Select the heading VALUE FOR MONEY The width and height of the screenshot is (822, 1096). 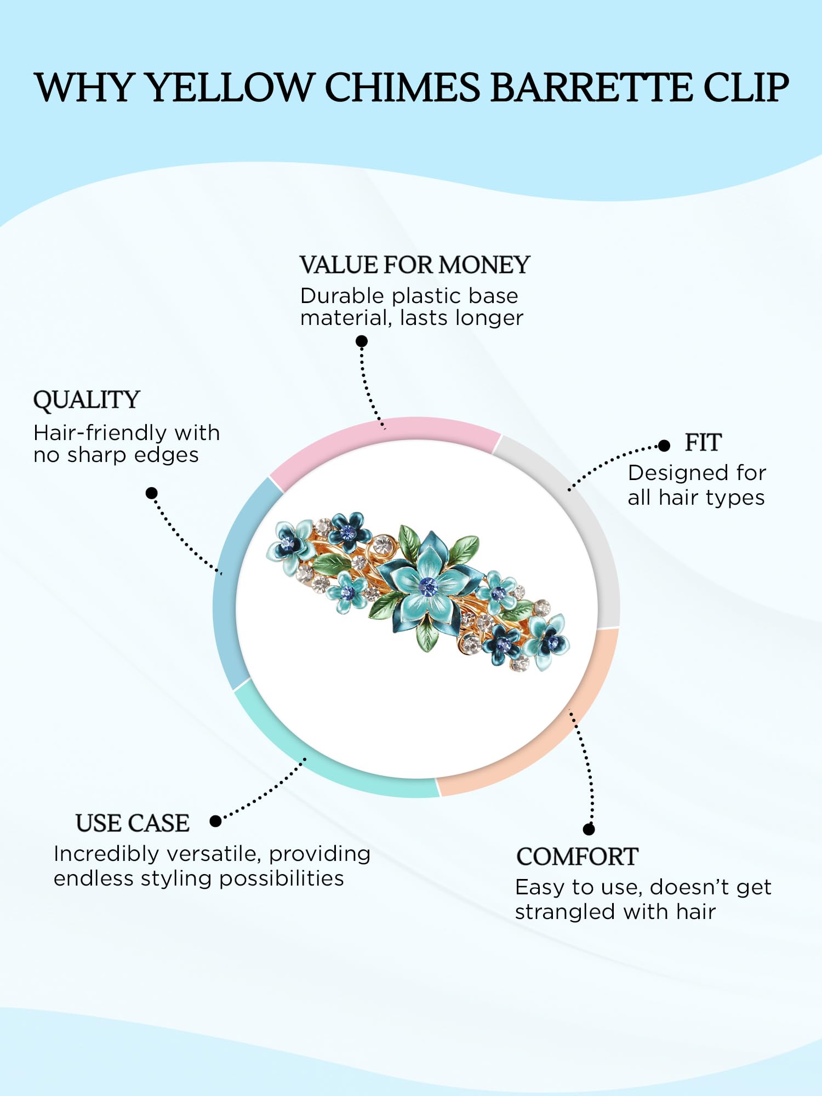415,265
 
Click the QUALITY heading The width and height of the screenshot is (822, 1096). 87,399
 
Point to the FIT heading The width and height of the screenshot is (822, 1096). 703,442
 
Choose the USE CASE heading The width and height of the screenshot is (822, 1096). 133,823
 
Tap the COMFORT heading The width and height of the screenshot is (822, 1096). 578,857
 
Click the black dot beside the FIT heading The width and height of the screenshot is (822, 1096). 664,446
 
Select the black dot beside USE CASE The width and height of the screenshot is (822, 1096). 215,821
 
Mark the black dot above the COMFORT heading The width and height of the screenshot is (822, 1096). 589,829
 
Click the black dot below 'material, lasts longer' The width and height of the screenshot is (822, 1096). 362,341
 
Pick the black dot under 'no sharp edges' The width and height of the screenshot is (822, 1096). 152,493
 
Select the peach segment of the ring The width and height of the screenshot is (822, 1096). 559,734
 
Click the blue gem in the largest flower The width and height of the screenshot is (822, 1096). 427,586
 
